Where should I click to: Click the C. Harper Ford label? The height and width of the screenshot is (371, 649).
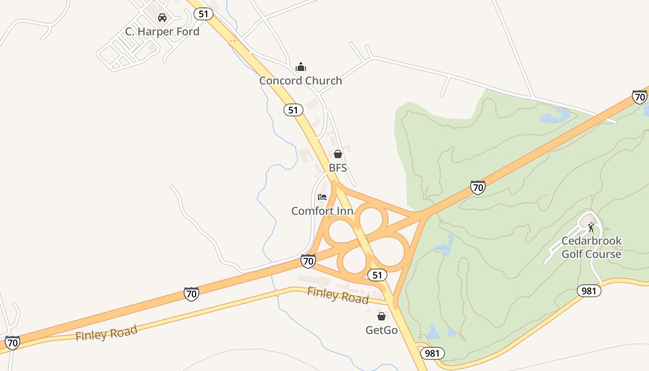tap(162, 32)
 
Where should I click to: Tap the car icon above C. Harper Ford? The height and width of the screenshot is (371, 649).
tap(162, 18)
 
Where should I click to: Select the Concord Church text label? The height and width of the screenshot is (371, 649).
tap(300, 80)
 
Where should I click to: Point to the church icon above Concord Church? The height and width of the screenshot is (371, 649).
tap(301, 67)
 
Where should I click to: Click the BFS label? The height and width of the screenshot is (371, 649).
tap(338, 167)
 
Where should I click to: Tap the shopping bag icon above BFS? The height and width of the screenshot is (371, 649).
tap(338, 154)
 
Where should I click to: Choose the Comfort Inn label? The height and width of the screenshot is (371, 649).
tap(322, 211)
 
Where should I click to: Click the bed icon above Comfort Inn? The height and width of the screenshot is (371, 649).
tap(322, 197)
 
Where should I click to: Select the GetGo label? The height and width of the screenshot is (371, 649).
tap(382, 330)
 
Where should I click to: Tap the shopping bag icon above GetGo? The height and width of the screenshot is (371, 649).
tap(381, 316)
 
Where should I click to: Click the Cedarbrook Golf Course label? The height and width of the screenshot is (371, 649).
tap(591, 248)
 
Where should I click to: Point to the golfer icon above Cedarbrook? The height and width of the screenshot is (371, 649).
tap(591, 227)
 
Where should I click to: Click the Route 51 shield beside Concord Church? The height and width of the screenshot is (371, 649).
tap(293, 110)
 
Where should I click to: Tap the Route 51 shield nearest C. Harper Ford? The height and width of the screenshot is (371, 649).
tap(204, 14)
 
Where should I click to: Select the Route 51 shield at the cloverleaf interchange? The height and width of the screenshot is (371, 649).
tap(377, 275)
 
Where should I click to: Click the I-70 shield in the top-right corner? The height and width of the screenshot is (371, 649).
tap(640, 97)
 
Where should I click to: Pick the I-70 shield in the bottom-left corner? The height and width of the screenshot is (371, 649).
tap(13, 343)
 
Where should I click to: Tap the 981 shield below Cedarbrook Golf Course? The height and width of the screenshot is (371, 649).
tap(589, 291)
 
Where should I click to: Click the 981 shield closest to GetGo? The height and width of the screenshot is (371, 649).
tap(433, 353)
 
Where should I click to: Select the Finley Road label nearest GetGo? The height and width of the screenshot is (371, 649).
tap(338, 295)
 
